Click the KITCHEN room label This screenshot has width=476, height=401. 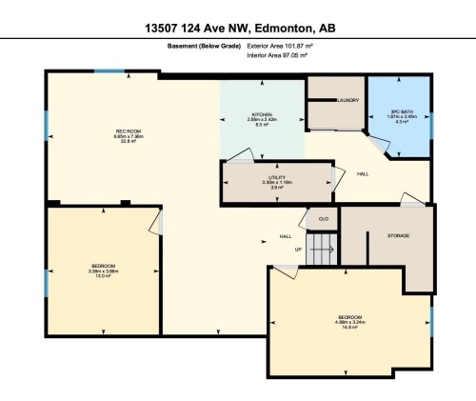pos(262,114)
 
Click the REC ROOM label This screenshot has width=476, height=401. pos(129,130)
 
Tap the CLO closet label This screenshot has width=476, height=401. pos(324,219)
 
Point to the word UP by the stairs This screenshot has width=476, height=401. pos(297,251)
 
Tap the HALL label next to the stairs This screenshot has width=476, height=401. pos(285,236)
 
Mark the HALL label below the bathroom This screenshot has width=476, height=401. pos(362,175)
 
